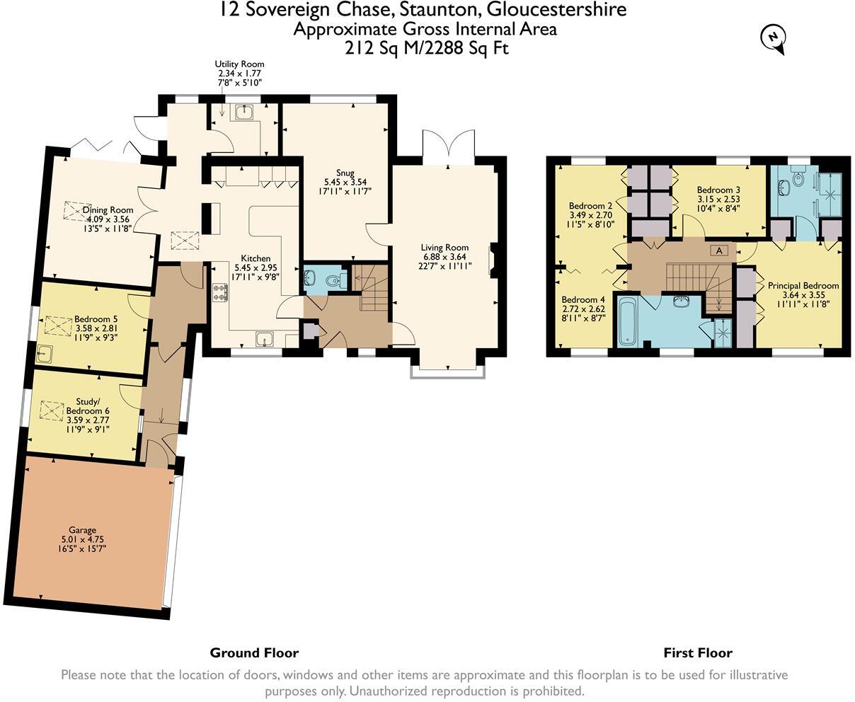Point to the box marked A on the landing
click(719, 251)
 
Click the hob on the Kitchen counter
click(219, 291)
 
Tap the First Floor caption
click(697, 652)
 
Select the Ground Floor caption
click(254, 652)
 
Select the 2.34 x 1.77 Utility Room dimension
click(239, 74)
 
